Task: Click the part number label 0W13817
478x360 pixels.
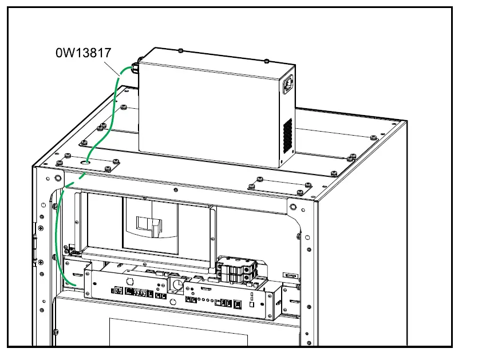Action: (x=83, y=53)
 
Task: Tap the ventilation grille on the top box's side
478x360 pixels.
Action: (x=287, y=134)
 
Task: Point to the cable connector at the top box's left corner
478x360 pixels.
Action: (x=136, y=68)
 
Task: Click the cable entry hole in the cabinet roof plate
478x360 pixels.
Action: (x=86, y=163)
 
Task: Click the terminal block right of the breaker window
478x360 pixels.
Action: (x=237, y=269)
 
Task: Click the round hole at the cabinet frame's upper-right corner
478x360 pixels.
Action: (x=293, y=207)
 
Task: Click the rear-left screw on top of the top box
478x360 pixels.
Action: (x=180, y=51)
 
